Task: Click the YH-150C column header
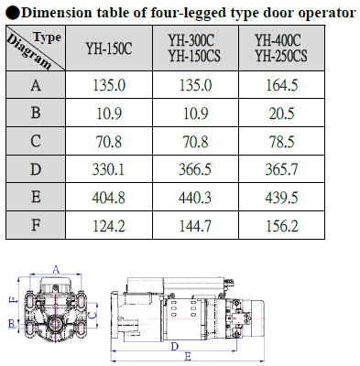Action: click(109, 48)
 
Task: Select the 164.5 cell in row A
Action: click(281, 85)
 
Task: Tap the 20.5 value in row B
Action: click(281, 113)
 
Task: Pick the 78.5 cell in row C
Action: click(281, 142)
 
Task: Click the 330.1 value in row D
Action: click(109, 169)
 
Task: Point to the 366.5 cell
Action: click(195, 169)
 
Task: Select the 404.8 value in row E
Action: click(109, 198)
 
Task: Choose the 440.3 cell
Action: click(195, 198)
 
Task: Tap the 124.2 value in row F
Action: click(109, 226)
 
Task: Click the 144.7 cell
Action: click(195, 226)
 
